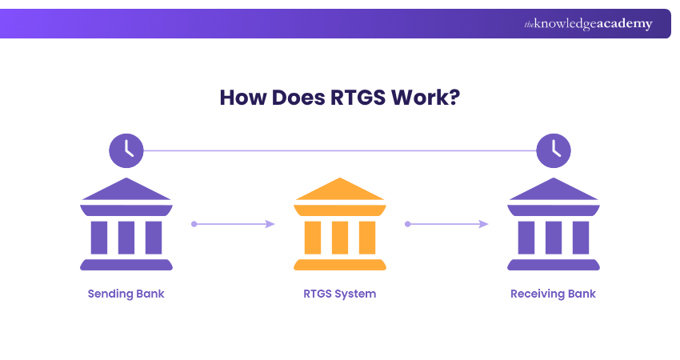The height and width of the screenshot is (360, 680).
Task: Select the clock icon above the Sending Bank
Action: (x=126, y=150)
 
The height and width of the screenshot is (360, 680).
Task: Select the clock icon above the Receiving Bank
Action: (x=554, y=150)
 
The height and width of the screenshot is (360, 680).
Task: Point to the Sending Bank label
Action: (x=126, y=294)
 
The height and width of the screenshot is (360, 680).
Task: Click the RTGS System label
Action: (x=340, y=294)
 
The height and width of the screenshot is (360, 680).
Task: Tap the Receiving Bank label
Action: (x=553, y=294)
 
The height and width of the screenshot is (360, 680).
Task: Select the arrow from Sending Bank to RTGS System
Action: (x=233, y=224)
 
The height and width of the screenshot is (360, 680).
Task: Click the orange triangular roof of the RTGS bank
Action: (x=340, y=190)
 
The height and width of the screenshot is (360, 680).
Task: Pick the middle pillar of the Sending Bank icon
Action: (x=126, y=237)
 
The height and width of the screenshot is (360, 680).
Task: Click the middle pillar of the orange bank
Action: (x=340, y=237)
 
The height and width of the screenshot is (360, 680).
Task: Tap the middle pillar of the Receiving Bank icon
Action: (x=554, y=237)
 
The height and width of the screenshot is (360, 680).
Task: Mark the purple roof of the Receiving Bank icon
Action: (x=554, y=190)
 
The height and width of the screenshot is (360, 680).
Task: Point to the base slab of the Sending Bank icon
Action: (x=126, y=265)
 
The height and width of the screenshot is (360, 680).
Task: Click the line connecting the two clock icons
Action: (x=340, y=150)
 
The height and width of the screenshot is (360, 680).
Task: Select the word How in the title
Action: (x=238, y=98)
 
